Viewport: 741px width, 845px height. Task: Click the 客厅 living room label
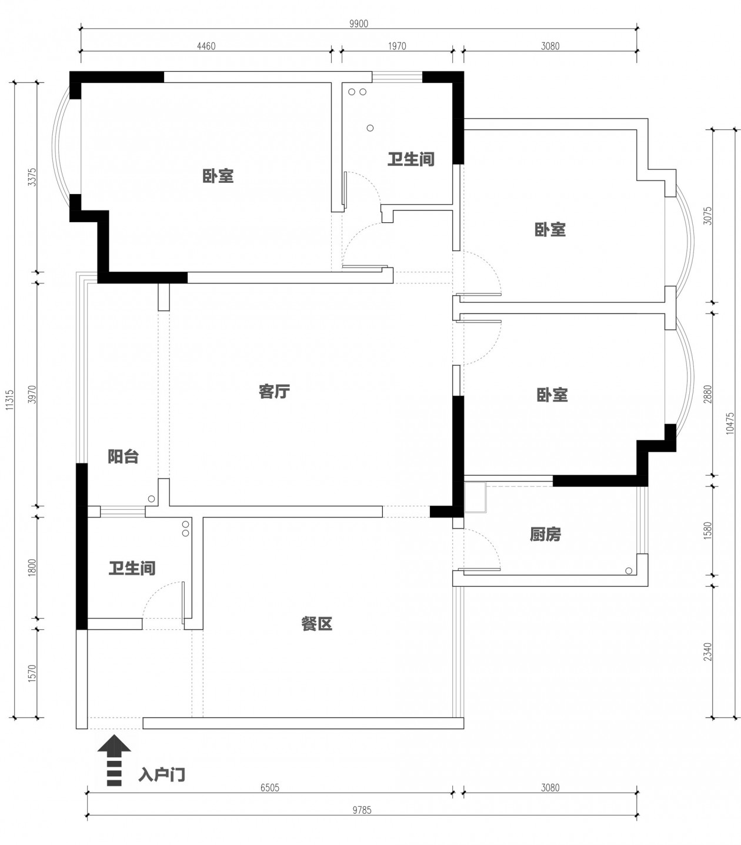(274, 392)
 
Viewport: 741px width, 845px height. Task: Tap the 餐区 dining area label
(316, 624)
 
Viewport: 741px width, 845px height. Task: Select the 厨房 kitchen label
(545, 535)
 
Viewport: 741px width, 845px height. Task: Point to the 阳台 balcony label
(123, 457)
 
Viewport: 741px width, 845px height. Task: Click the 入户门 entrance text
(162, 775)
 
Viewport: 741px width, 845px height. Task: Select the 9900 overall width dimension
(359, 24)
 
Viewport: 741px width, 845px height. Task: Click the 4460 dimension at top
(206, 46)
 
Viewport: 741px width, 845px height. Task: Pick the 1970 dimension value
(397, 46)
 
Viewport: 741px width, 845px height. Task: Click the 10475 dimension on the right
(730, 423)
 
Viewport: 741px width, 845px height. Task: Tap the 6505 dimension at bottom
(270, 787)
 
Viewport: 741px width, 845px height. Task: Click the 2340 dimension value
(707, 652)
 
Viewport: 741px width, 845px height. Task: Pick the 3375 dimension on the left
(32, 177)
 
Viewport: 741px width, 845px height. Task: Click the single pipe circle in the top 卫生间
(370, 128)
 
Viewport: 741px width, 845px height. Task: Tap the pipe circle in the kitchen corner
(629, 571)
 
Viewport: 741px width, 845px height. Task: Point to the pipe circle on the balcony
(152, 499)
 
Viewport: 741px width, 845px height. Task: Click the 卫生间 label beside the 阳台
(132, 568)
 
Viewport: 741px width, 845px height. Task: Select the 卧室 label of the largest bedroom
(218, 176)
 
